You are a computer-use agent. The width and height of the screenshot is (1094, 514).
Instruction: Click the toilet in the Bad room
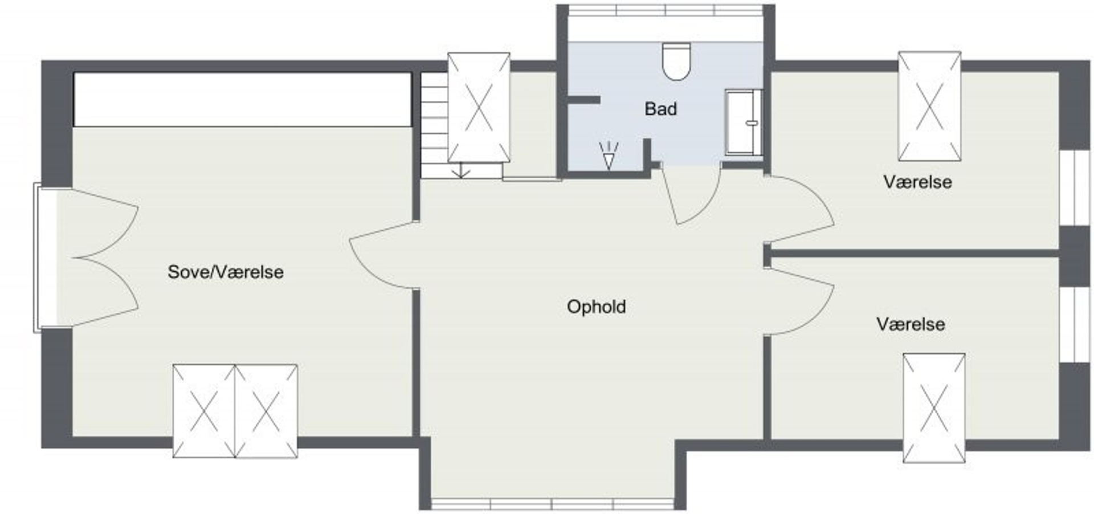pyautogui.click(x=676, y=61)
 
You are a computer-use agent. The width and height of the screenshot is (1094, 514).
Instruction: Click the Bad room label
pyautogui.click(x=661, y=109)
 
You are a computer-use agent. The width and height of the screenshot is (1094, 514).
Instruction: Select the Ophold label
pyautogui.click(x=596, y=307)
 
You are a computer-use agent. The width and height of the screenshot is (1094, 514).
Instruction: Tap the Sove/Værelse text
pyautogui.click(x=226, y=272)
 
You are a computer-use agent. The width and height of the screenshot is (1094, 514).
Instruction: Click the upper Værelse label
pyautogui.click(x=917, y=182)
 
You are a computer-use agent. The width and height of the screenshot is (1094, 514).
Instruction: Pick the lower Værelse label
pyautogui.click(x=911, y=324)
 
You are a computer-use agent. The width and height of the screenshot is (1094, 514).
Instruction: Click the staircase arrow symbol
pyautogui.click(x=460, y=170)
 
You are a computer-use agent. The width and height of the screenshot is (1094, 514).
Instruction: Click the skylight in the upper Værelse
pyautogui.click(x=929, y=107)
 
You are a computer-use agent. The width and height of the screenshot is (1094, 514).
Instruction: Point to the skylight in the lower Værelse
pyautogui.click(x=934, y=408)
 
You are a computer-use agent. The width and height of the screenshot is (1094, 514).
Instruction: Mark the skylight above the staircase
pyautogui.click(x=479, y=108)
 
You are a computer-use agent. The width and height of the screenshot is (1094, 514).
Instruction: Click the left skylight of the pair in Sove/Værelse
pyautogui.click(x=204, y=411)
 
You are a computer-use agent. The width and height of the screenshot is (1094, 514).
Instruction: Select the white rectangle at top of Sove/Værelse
pyautogui.click(x=242, y=99)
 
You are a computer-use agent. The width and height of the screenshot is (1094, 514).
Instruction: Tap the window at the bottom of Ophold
pyautogui.click(x=552, y=504)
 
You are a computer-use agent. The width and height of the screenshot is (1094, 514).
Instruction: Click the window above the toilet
pyautogui.click(x=666, y=10)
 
